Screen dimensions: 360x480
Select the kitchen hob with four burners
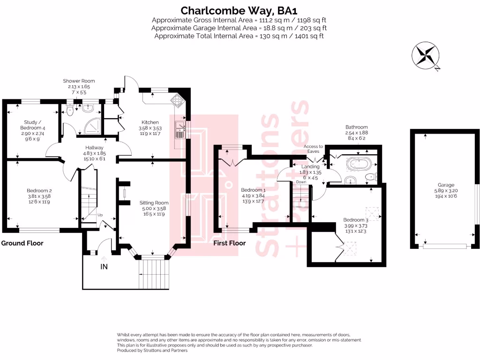click(179, 99)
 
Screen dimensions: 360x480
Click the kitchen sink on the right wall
click(180, 129)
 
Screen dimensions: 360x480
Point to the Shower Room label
click(79, 81)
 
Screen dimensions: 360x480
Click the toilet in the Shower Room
click(70, 111)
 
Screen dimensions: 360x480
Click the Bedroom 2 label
click(40, 191)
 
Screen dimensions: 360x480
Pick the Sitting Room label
click(153, 203)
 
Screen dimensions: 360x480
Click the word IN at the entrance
click(104, 267)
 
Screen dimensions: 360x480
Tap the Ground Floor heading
click(22, 243)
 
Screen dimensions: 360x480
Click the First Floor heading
click(229, 243)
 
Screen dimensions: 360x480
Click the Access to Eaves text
click(313, 149)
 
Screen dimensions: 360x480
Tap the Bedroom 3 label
click(354, 220)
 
